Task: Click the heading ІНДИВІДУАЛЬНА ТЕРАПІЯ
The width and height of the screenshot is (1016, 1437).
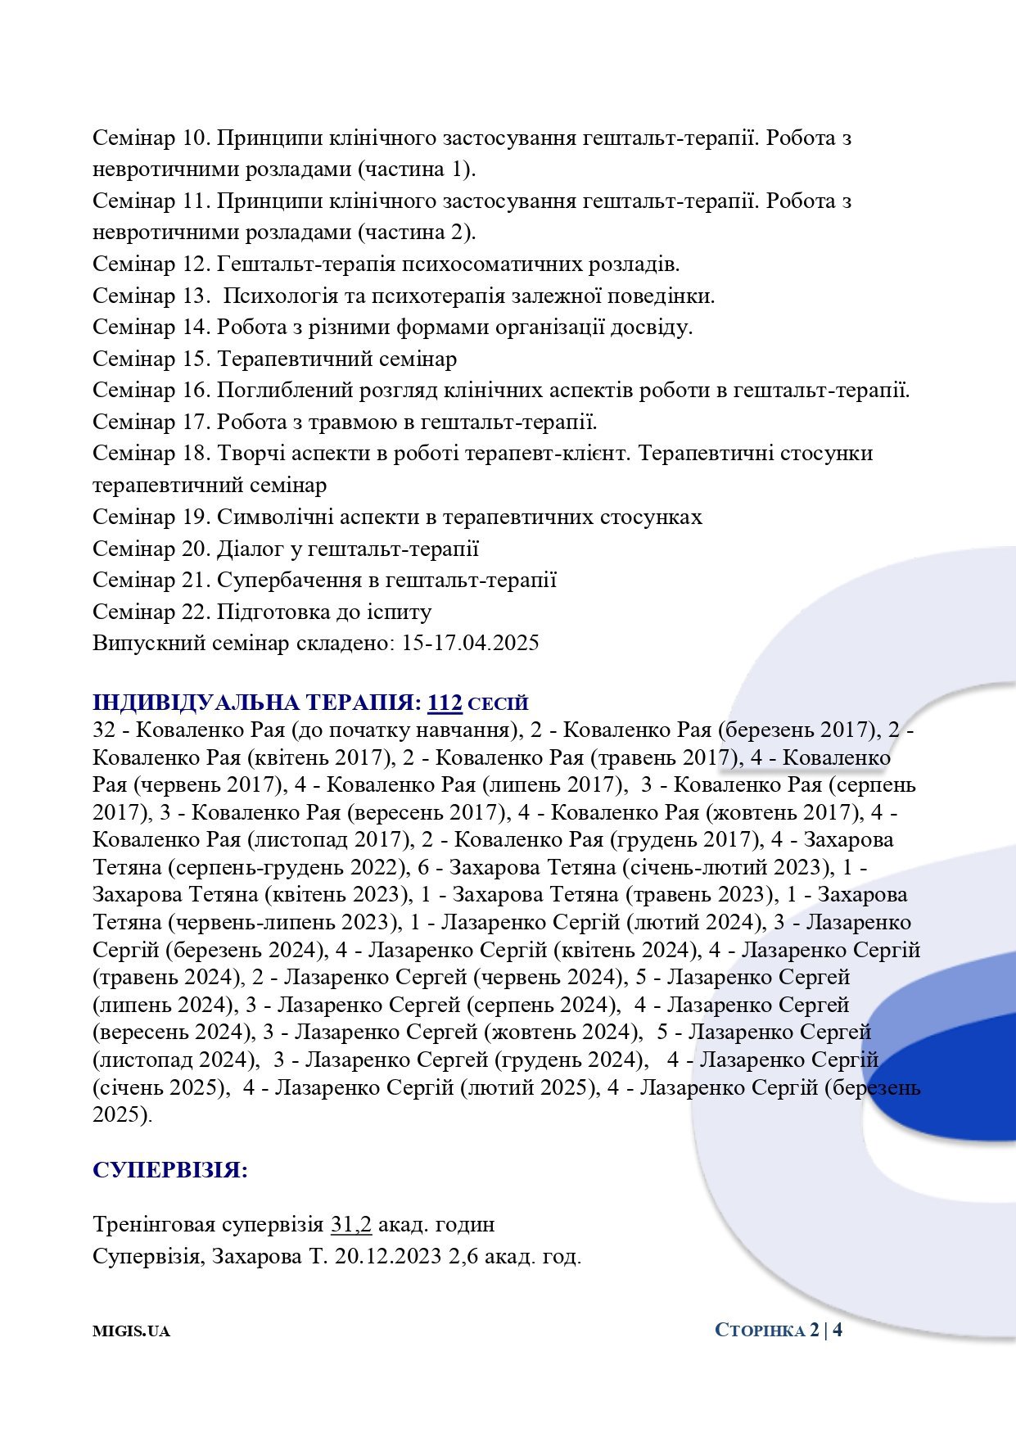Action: pos(257,703)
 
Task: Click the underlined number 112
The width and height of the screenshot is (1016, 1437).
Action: pos(445,703)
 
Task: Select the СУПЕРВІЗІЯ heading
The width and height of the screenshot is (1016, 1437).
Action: pos(169,1169)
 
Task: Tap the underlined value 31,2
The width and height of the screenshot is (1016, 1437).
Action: pos(351,1225)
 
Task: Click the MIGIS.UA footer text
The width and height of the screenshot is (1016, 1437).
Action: pos(131,1331)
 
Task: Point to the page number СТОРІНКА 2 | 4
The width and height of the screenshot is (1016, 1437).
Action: pos(778,1330)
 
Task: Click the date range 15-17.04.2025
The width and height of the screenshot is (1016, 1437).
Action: pos(470,643)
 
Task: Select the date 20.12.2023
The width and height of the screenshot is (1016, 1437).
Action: pos(388,1256)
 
